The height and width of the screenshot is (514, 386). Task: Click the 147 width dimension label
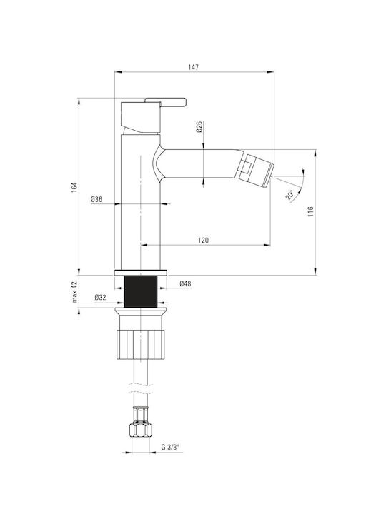coord(193,67)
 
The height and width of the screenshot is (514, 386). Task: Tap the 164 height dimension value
coord(74,187)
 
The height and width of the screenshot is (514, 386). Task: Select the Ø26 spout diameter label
coord(199,126)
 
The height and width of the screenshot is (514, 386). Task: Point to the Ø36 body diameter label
coord(96,199)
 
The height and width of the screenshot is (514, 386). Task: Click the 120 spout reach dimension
coord(203,241)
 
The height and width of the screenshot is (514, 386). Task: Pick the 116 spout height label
coord(310,212)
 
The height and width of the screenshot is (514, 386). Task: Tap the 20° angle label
coord(289,195)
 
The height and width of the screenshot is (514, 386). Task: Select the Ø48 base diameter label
coord(185,284)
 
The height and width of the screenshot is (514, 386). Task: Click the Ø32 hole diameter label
coord(101,297)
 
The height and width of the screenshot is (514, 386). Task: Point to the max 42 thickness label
coord(75,292)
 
